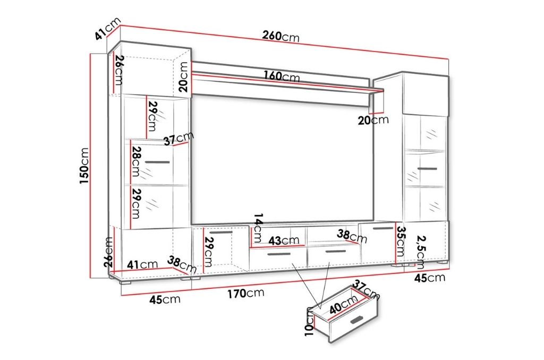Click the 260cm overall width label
pos(280,36)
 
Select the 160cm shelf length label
pos(281,76)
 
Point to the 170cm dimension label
pos(245,294)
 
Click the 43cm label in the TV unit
pos(284,241)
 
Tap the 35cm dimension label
pos(401,242)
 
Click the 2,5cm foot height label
pos(421,252)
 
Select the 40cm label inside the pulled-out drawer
pos(344,303)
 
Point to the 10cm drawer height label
pos(310,321)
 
